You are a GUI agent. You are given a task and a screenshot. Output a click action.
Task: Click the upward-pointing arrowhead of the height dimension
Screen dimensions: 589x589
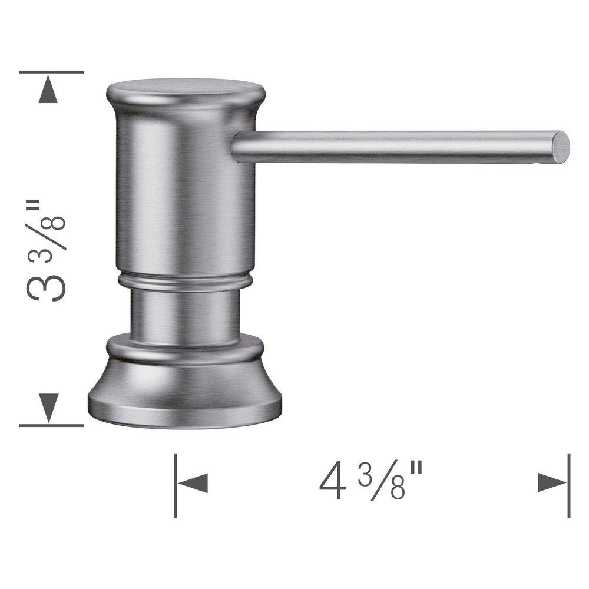click(50, 91)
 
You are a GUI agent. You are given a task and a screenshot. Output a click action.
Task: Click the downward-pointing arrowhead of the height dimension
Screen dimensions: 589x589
click(50, 406)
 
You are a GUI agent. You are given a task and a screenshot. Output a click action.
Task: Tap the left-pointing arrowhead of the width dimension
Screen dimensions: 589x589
click(193, 484)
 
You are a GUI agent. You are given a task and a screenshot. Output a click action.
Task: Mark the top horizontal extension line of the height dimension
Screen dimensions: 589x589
click(51, 72)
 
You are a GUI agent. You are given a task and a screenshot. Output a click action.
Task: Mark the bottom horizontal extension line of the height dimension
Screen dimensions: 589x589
click(51, 425)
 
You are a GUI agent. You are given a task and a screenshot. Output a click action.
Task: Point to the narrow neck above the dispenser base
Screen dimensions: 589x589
click(184, 315)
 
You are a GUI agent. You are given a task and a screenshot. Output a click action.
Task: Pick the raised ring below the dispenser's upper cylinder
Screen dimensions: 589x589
click(184, 282)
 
